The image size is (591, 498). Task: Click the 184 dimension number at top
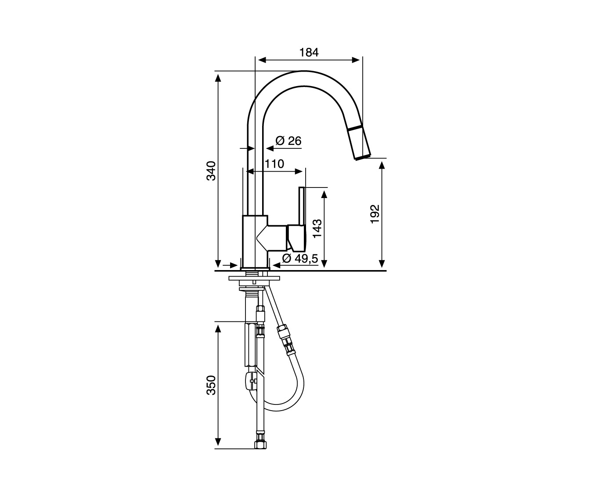click(x=309, y=52)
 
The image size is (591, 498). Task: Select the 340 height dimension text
click(x=211, y=171)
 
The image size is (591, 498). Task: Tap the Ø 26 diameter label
click(x=288, y=141)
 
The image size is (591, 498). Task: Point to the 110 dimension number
click(x=274, y=164)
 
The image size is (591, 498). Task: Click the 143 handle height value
click(x=317, y=228)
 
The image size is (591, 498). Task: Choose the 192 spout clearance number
click(x=375, y=214)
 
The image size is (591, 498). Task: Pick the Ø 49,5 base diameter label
click(x=300, y=258)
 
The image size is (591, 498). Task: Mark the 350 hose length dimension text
click(x=211, y=385)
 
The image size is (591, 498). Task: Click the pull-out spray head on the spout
click(x=359, y=143)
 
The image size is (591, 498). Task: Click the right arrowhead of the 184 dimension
click(x=356, y=60)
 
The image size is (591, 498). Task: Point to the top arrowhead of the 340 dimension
click(x=218, y=78)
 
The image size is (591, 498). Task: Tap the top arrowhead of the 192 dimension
click(x=382, y=165)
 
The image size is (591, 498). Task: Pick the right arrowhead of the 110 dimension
click(x=299, y=171)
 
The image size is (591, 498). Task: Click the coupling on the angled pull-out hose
click(x=286, y=341)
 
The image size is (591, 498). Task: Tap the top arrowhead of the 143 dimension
click(x=324, y=194)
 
